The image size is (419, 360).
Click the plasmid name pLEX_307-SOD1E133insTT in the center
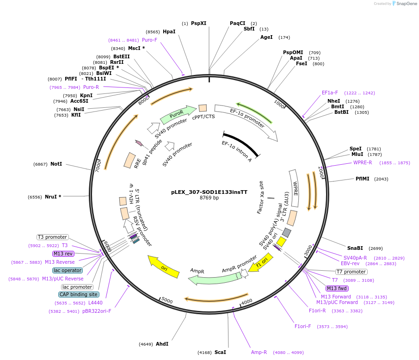coord(209,192)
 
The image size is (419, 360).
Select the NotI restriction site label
coord(56,164)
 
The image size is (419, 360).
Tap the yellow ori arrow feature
coord(164,267)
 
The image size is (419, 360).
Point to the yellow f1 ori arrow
coord(261,262)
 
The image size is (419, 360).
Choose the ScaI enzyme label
coord(220,352)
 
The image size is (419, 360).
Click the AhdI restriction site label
coord(162,344)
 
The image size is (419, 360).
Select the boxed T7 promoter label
coord(351,272)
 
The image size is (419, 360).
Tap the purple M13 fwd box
coord(337,288)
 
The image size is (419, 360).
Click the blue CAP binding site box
coord(78,294)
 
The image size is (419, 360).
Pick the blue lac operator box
coord(68,270)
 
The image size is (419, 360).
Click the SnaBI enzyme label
coord(355,248)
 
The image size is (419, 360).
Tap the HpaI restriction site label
coord(169,31)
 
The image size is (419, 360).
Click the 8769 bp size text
coord(209,198)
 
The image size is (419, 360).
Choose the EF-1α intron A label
coord(237,151)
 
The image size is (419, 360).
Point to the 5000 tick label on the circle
coord(167,301)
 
